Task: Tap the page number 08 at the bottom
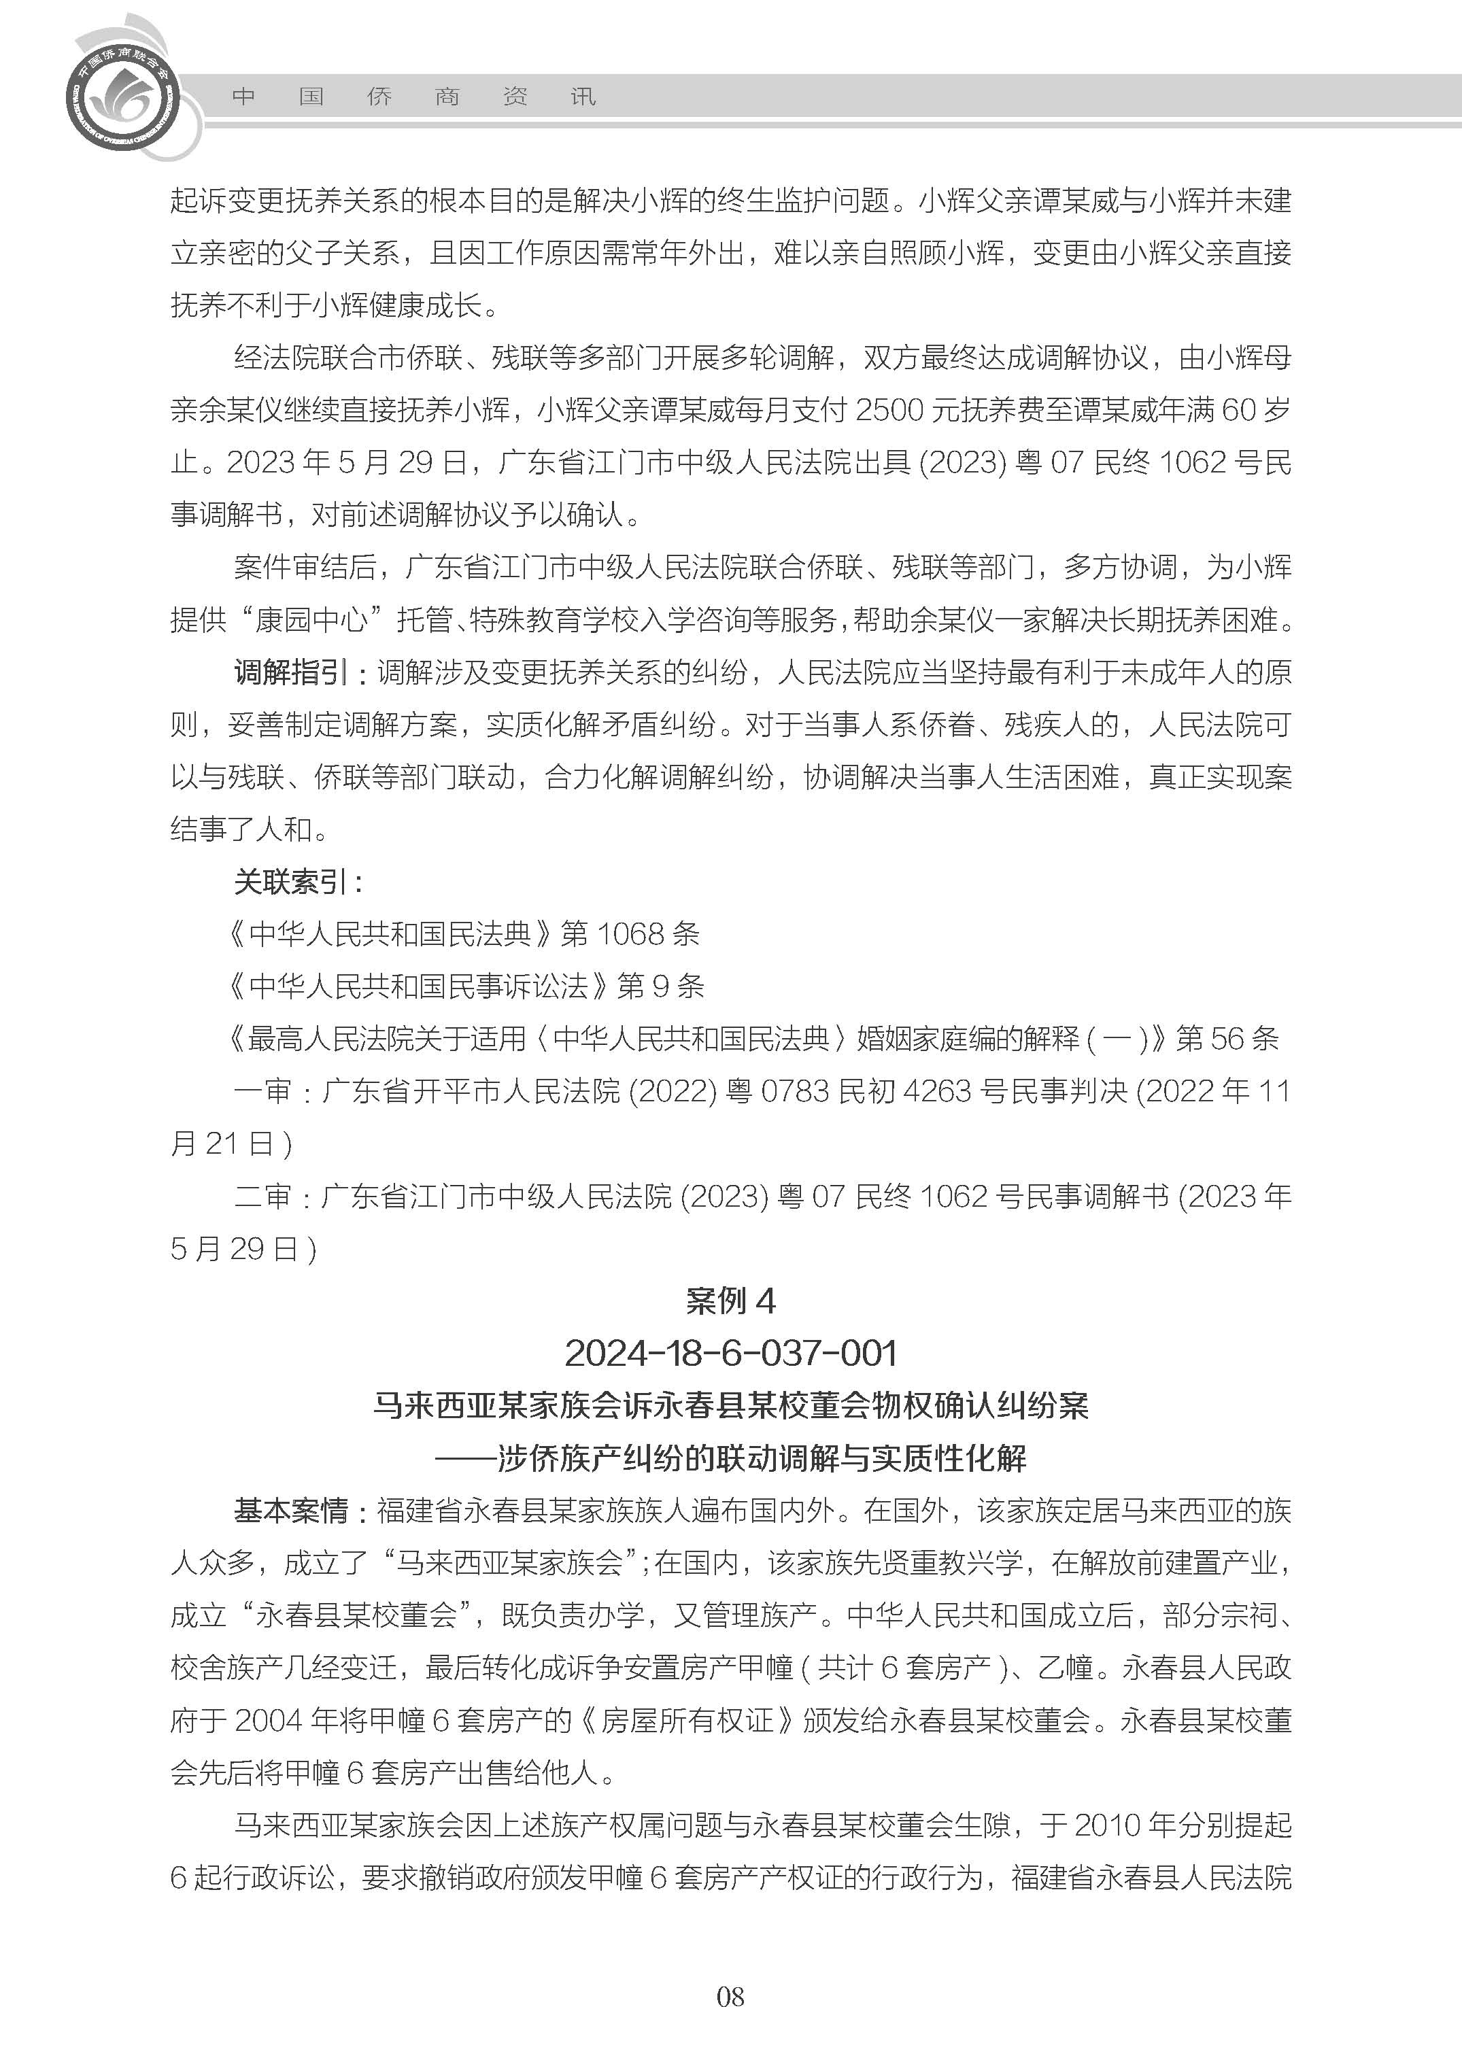pyautogui.click(x=730, y=2023)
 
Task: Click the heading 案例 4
pyautogui.click(x=730, y=1301)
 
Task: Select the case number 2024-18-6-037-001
pyautogui.click(x=730, y=1353)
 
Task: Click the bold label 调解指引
pyautogui.click(x=289, y=672)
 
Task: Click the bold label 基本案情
pyautogui.click(x=290, y=1511)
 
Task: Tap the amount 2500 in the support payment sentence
pyautogui.click(x=889, y=411)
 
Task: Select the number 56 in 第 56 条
pyautogui.click(x=1227, y=1039)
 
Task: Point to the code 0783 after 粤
pyautogui.click(x=794, y=1091)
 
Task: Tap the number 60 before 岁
pyautogui.click(x=1239, y=411)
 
